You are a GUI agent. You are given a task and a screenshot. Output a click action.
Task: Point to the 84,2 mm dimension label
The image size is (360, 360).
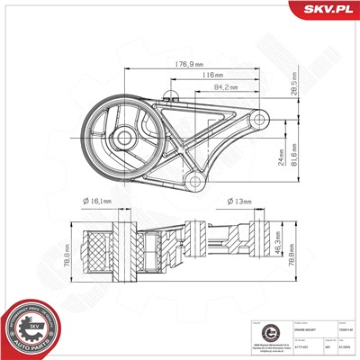(x=225, y=88)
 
